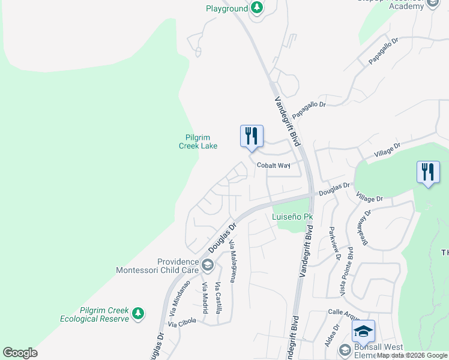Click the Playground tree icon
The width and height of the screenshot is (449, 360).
tap(257, 8)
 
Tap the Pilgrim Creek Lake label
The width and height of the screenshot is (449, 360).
tap(198, 142)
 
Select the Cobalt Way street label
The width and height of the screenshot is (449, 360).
tap(273, 165)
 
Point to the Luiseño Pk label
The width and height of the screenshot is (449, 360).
tap(293, 217)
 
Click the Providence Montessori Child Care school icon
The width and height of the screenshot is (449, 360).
tap(208, 265)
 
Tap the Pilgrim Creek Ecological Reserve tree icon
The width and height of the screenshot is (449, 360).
tap(139, 313)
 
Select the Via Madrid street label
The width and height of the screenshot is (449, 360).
tap(205, 298)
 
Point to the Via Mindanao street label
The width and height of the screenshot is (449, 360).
tap(179, 298)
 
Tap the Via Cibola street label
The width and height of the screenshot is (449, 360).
tap(182, 322)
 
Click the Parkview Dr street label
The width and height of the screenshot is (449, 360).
tap(334, 243)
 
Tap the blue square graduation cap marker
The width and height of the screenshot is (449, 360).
tap(363, 331)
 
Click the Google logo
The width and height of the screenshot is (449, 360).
tap(20, 353)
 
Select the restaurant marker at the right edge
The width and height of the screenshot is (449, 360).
tap(428, 172)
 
